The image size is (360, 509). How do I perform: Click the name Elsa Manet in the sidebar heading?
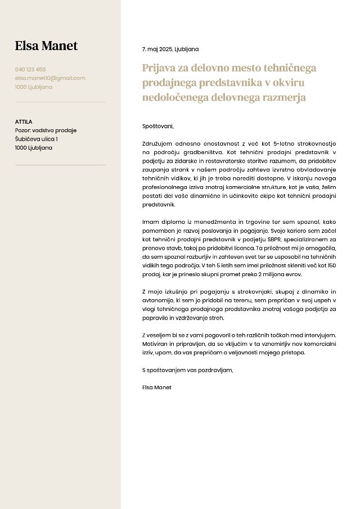click(46, 46)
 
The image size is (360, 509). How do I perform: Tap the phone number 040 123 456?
click(30, 70)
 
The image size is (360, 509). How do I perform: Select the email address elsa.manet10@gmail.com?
click(50, 78)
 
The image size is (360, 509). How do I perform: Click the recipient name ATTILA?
click(24, 121)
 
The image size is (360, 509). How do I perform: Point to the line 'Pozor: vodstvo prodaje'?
click(46, 130)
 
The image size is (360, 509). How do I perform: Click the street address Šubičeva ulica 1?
click(37, 139)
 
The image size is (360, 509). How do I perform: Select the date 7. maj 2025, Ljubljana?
click(170, 49)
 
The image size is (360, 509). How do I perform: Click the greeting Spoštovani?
click(158, 126)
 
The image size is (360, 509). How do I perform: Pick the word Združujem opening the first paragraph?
click(158, 143)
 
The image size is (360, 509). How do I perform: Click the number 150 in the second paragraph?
click(331, 265)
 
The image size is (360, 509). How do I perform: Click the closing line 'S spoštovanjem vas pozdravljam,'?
click(187, 370)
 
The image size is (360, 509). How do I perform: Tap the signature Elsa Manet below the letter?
click(157, 388)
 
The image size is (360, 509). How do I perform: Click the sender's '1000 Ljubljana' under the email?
click(34, 87)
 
